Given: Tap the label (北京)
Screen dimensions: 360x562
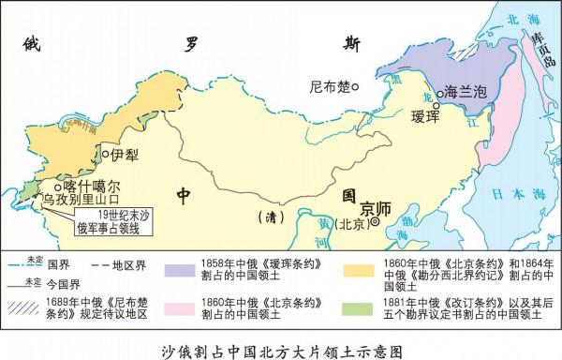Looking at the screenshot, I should (348, 224).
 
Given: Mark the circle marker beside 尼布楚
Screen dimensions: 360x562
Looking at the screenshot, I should (357, 88).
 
